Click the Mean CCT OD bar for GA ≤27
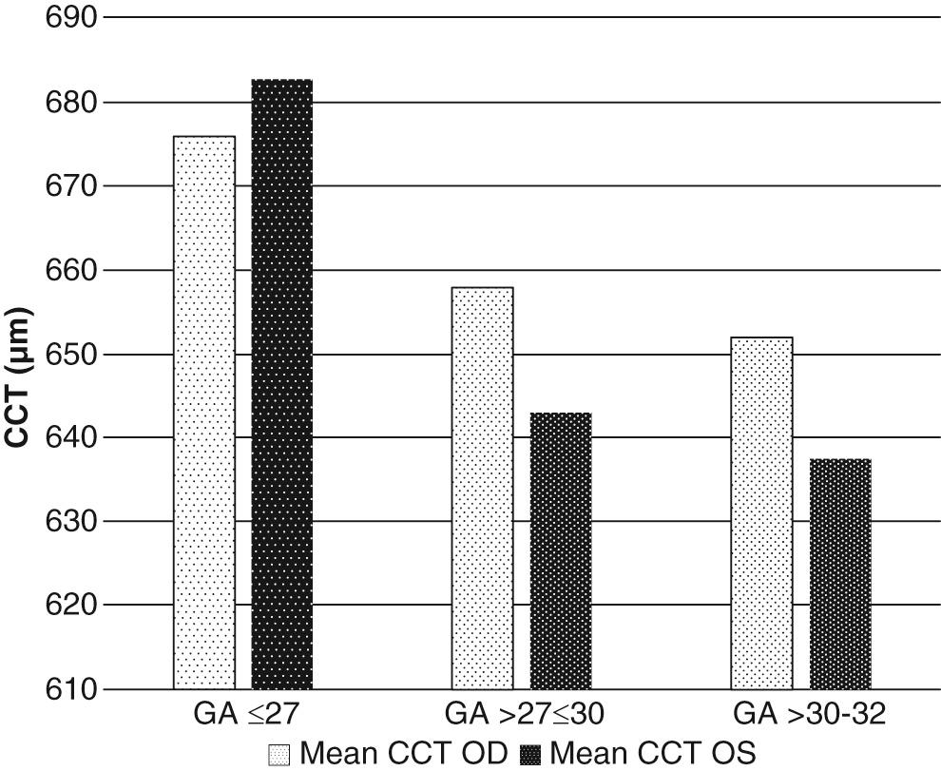click(x=204, y=413)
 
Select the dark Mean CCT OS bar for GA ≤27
click(x=282, y=384)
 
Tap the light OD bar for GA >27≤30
click(x=483, y=488)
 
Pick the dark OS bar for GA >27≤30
click(x=561, y=550)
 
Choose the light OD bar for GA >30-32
click(x=761, y=512)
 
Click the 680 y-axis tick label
click(x=71, y=102)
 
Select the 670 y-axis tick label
click(x=71, y=185)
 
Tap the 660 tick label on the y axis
click(x=71, y=270)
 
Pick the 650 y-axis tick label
click(x=71, y=354)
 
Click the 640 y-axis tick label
click(x=71, y=437)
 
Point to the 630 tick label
click(x=71, y=521)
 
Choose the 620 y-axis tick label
click(x=71, y=605)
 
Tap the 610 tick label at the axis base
click(x=71, y=688)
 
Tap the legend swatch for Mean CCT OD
click(x=280, y=754)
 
